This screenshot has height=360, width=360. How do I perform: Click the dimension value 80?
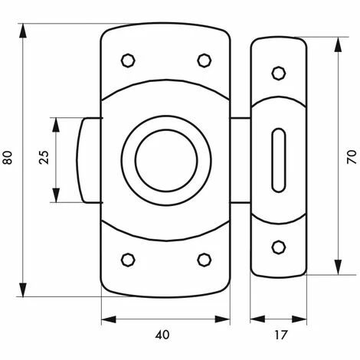(8, 159)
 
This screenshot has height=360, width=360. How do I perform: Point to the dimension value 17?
(279, 335)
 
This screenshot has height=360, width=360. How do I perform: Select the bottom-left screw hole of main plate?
(129, 259)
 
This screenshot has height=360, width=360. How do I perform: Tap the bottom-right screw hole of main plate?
(204, 259)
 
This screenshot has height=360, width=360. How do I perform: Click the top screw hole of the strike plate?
(278, 73)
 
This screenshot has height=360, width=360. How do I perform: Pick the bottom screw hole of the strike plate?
(278, 246)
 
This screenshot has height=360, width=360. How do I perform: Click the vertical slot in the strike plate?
(278, 159)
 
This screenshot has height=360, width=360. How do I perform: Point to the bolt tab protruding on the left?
(87, 160)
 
